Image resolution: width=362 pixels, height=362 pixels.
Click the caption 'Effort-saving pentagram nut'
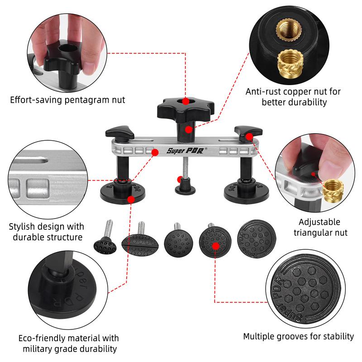[x=67, y=100]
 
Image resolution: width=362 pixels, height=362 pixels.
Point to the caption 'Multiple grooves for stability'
[x=298, y=336]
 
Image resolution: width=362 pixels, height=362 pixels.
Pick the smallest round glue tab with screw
[x=104, y=245]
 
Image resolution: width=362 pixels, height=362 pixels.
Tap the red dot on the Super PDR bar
[x=154, y=152]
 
